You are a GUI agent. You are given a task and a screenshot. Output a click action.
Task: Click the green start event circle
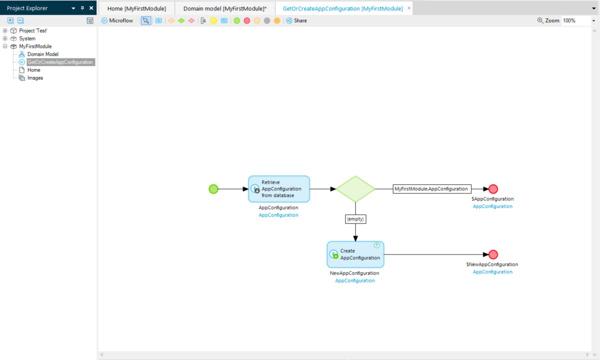point(213,189)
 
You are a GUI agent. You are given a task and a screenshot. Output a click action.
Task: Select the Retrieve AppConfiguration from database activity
point(279,189)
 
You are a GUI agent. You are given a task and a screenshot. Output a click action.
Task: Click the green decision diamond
point(355,189)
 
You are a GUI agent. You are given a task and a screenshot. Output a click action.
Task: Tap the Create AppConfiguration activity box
point(355,254)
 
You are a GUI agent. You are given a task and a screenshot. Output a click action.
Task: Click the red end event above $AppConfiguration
point(493,189)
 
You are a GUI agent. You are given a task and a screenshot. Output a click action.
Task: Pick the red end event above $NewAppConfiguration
point(493,254)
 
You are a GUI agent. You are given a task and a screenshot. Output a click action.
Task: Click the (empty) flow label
point(355,219)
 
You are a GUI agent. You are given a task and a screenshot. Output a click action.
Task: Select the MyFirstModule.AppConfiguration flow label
point(431,189)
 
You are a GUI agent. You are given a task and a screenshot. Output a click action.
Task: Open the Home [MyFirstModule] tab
point(136,8)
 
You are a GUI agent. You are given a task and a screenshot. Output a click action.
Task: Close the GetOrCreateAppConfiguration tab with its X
point(409,8)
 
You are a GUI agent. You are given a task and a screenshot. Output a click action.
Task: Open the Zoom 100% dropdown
point(593,21)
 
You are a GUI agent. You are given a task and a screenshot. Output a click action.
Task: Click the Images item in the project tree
point(35,78)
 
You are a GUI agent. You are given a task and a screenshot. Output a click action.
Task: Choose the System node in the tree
point(27,38)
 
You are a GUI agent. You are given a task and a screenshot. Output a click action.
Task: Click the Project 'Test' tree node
point(33,30)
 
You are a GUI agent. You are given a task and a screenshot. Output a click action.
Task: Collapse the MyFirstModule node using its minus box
point(5,46)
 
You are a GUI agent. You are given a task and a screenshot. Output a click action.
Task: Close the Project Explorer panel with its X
point(91,8)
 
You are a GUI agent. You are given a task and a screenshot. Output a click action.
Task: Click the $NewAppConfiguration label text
point(492,264)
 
